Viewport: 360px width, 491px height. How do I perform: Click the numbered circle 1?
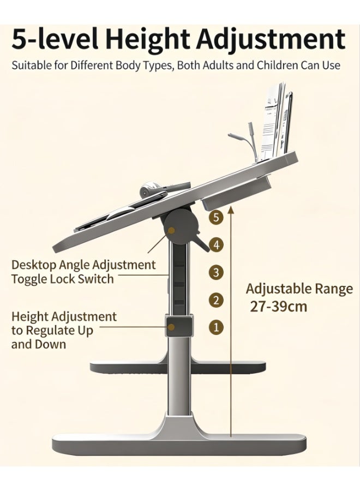(x=216, y=327)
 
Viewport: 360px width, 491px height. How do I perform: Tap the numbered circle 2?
(x=216, y=300)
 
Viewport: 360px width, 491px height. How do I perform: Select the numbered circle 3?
(x=216, y=272)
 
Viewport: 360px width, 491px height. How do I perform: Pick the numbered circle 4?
(x=216, y=244)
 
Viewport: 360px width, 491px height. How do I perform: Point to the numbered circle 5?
(x=216, y=217)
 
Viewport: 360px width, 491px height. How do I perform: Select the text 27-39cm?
(x=279, y=306)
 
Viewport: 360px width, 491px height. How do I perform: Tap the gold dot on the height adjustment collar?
(x=171, y=327)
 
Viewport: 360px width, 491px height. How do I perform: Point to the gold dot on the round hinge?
(x=171, y=230)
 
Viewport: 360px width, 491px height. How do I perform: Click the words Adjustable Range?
(x=299, y=289)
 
